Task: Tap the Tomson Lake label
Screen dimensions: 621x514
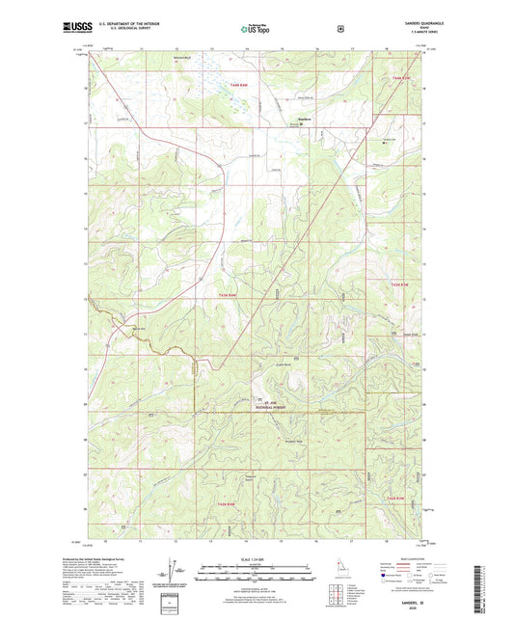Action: (390, 140)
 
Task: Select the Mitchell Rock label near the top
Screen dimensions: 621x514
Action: (179, 60)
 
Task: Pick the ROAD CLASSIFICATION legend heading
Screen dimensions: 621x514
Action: (403, 556)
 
